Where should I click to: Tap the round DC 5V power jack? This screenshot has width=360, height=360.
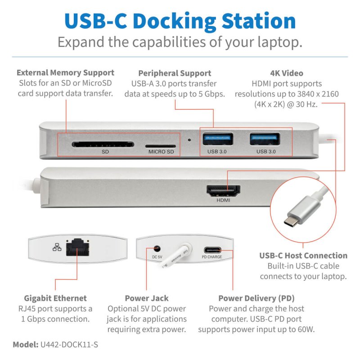[x=157, y=248]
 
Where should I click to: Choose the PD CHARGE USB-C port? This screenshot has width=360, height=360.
[x=212, y=250]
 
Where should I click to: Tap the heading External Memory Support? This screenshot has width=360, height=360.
[x=65, y=72]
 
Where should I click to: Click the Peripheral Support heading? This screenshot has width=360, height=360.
[x=175, y=73]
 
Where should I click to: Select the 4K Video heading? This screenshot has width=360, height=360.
[x=287, y=73]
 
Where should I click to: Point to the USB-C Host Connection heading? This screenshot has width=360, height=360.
[x=303, y=256]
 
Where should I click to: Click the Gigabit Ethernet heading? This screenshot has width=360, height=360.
[x=55, y=298]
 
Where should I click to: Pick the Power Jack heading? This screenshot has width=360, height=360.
[x=147, y=298]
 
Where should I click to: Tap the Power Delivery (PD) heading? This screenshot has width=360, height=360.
[x=256, y=298]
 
